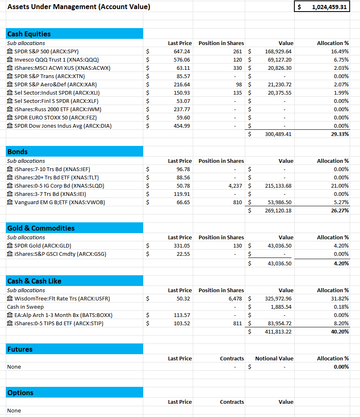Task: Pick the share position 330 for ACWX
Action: [237, 68]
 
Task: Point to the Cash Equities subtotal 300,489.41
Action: [278, 134]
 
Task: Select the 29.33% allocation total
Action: [340, 134]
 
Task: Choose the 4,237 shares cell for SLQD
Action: [235, 186]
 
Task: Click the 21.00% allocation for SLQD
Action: [341, 186]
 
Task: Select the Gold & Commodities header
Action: [41, 228]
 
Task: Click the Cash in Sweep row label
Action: [25, 307]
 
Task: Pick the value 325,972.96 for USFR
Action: [278, 298]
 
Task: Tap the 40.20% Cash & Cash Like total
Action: [340, 331]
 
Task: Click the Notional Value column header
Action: [274, 358]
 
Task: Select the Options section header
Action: [20, 393]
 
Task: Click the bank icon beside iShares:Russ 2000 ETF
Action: [10, 109]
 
